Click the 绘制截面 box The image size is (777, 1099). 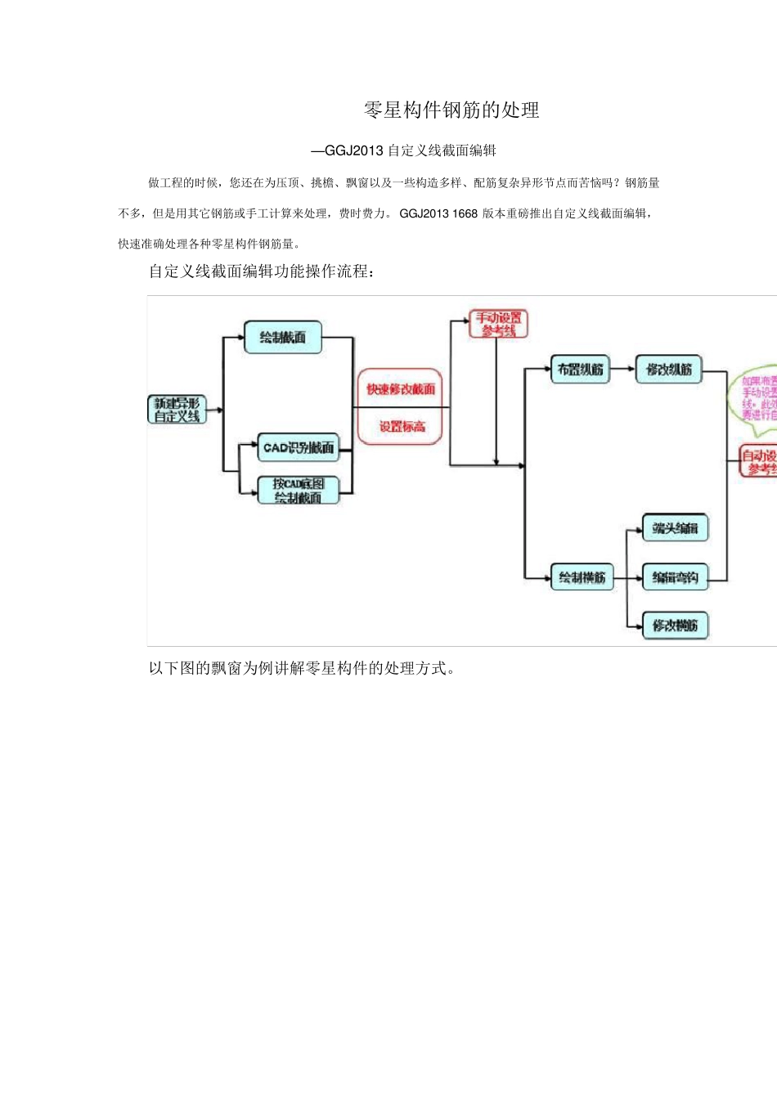283,337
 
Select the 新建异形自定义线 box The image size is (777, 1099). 177,410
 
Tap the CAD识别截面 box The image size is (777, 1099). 299,447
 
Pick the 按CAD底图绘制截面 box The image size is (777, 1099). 299,491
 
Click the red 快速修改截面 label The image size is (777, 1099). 400,389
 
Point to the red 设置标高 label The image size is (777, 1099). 402,426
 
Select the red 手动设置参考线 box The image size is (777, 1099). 499,324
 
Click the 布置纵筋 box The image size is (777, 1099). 580,370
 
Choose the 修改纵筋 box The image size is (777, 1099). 669,370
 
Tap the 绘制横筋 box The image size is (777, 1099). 582,577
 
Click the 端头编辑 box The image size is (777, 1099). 675,528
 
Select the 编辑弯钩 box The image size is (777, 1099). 675,577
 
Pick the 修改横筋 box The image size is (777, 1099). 675,626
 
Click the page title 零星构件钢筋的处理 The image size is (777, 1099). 451,110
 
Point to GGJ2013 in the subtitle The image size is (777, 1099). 354,150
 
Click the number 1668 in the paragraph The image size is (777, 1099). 465,213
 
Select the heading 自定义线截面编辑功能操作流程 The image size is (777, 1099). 262,271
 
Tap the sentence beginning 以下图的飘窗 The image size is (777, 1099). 302,668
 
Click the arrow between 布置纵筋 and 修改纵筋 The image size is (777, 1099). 624,370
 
